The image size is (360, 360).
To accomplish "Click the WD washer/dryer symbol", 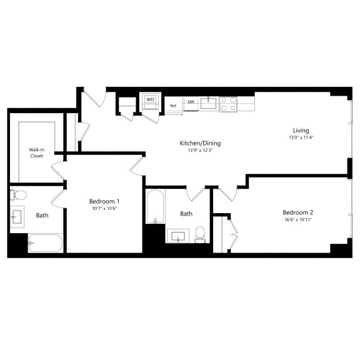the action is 151,101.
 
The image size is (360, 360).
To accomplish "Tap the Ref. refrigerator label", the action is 173,106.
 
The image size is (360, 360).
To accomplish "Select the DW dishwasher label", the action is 191,102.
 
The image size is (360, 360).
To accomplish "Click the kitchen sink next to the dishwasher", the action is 208,103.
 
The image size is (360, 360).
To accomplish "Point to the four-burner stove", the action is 228,104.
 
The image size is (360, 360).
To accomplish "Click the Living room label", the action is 301,131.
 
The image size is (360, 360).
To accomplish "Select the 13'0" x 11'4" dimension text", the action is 301,137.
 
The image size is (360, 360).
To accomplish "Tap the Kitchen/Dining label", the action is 200,143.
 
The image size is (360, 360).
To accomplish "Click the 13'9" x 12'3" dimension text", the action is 201,151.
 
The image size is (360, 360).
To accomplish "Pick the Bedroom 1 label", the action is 104,201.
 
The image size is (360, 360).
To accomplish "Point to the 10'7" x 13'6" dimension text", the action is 104,209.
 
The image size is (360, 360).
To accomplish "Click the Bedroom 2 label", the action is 297,212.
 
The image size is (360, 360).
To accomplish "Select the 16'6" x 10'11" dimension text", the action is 298,219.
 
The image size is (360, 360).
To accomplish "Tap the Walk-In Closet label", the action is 37,152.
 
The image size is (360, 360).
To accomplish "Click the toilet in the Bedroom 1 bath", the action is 18,195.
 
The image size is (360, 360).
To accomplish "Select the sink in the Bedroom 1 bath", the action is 17,217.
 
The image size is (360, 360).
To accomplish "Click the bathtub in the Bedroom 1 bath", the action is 46,243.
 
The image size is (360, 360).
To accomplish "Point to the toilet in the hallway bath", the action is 200,234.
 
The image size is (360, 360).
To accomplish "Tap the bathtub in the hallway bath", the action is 156,206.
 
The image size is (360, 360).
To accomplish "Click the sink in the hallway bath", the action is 178,236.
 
